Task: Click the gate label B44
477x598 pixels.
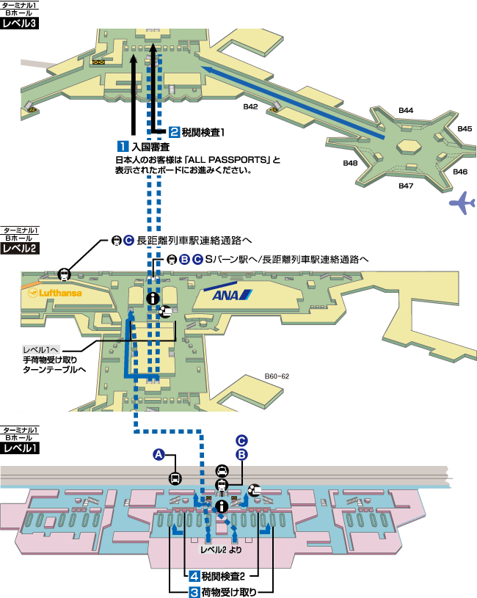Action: (x=406, y=110)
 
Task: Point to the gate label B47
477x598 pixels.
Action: (x=407, y=186)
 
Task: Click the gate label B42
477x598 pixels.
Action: (x=251, y=107)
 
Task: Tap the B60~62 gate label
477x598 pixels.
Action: (x=277, y=376)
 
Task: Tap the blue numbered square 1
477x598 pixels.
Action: (x=123, y=145)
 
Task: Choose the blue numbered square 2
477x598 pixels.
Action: (x=175, y=133)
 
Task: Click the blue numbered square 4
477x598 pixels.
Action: (x=194, y=576)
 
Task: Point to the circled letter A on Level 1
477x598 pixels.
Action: (x=158, y=454)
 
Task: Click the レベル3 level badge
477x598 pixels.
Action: (x=20, y=23)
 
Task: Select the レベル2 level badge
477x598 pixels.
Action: (x=20, y=248)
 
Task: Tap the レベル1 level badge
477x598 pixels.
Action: (x=20, y=447)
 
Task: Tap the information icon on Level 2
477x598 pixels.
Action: (x=152, y=298)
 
